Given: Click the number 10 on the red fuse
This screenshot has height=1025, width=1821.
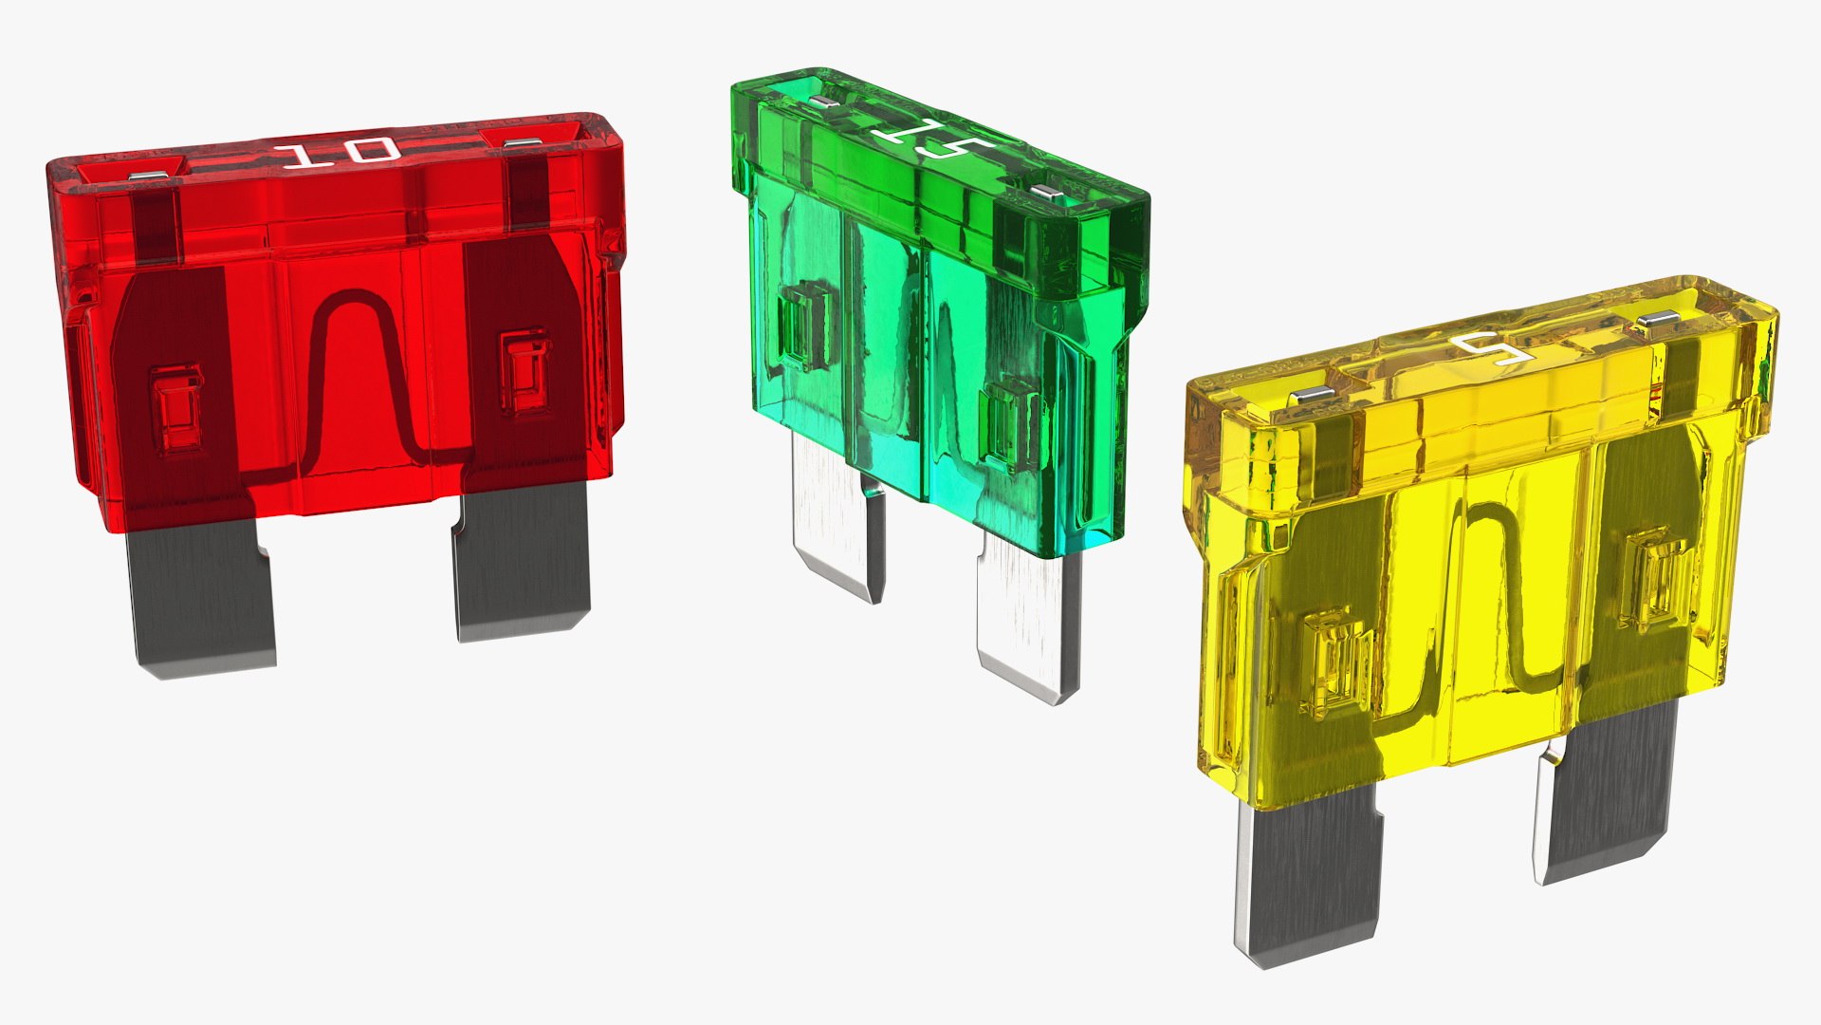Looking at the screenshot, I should tap(340, 153).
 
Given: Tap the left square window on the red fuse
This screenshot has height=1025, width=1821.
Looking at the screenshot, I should tap(177, 408).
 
